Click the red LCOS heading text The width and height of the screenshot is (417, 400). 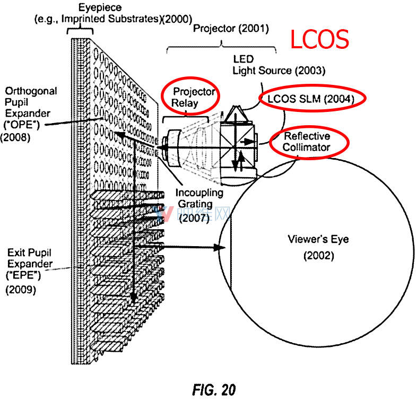[x=319, y=40]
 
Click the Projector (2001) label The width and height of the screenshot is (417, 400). [x=230, y=28]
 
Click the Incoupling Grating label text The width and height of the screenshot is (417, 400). [x=200, y=198]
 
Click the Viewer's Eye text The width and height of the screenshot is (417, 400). [x=318, y=240]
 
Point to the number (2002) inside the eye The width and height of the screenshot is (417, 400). [x=318, y=256]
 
